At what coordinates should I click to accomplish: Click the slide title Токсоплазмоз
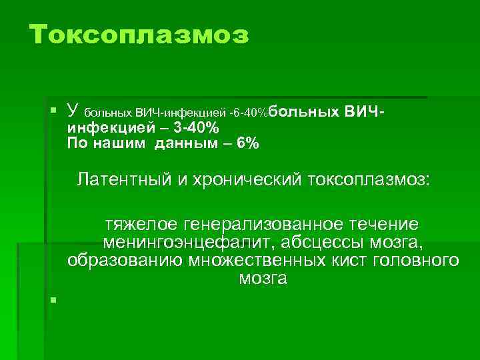139,35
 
